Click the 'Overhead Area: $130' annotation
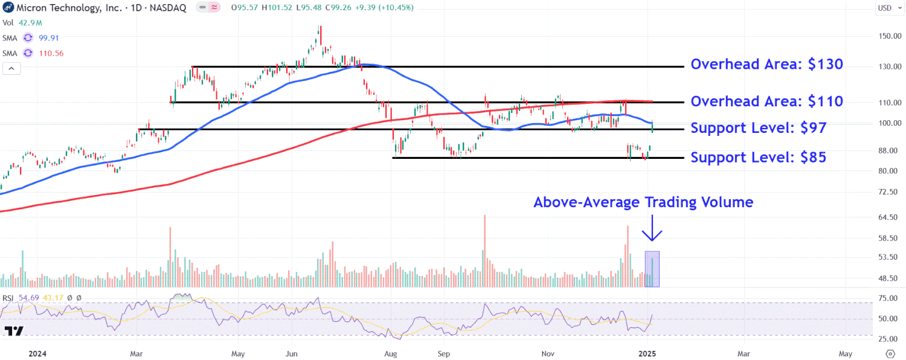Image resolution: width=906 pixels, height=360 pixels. click(x=766, y=65)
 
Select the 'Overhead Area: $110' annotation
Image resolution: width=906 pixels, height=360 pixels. click(x=766, y=101)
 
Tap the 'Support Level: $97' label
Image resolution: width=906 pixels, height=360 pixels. click(x=758, y=128)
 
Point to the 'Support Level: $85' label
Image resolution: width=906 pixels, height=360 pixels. click(x=758, y=158)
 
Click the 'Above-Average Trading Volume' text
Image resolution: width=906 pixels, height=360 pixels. click(x=643, y=202)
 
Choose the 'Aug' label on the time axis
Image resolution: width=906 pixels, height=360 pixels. click(x=391, y=353)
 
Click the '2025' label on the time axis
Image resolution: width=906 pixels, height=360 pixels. click(x=647, y=353)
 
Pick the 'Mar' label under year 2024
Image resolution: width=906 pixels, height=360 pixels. click(x=137, y=353)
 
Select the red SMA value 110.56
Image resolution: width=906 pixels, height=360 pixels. click(x=51, y=53)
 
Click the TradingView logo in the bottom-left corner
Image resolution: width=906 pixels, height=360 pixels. click(x=14, y=331)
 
